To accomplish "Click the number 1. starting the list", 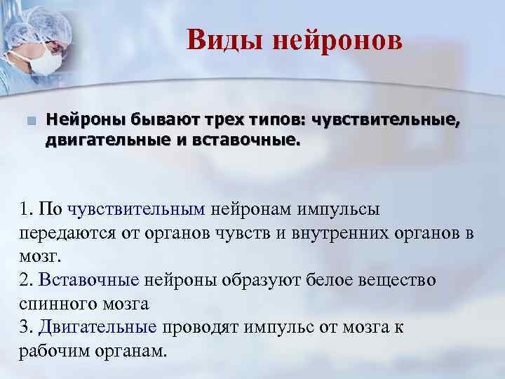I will pos(27,209).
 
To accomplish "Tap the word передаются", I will pos(62,232).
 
